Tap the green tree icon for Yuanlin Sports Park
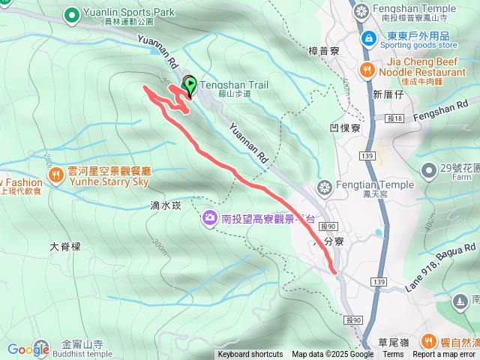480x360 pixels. pyautogui.click(x=72, y=13)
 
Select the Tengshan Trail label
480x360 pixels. pyautogui.click(x=233, y=85)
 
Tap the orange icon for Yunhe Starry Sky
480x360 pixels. pyautogui.click(x=57, y=175)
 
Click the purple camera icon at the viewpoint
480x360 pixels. pyautogui.click(x=210, y=217)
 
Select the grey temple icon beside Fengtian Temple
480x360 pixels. pyautogui.click(x=325, y=185)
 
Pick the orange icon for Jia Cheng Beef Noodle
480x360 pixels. pyautogui.click(x=367, y=70)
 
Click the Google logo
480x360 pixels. pyautogui.click(x=28, y=349)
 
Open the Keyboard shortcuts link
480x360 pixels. pyautogui.click(x=250, y=355)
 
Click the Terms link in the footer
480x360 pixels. pyautogui.click(x=393, y=355)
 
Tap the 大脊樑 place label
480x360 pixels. pyautogui.click(x=64, y=246)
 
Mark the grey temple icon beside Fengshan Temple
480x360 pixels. pyautogui.click(x=362, y=13)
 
